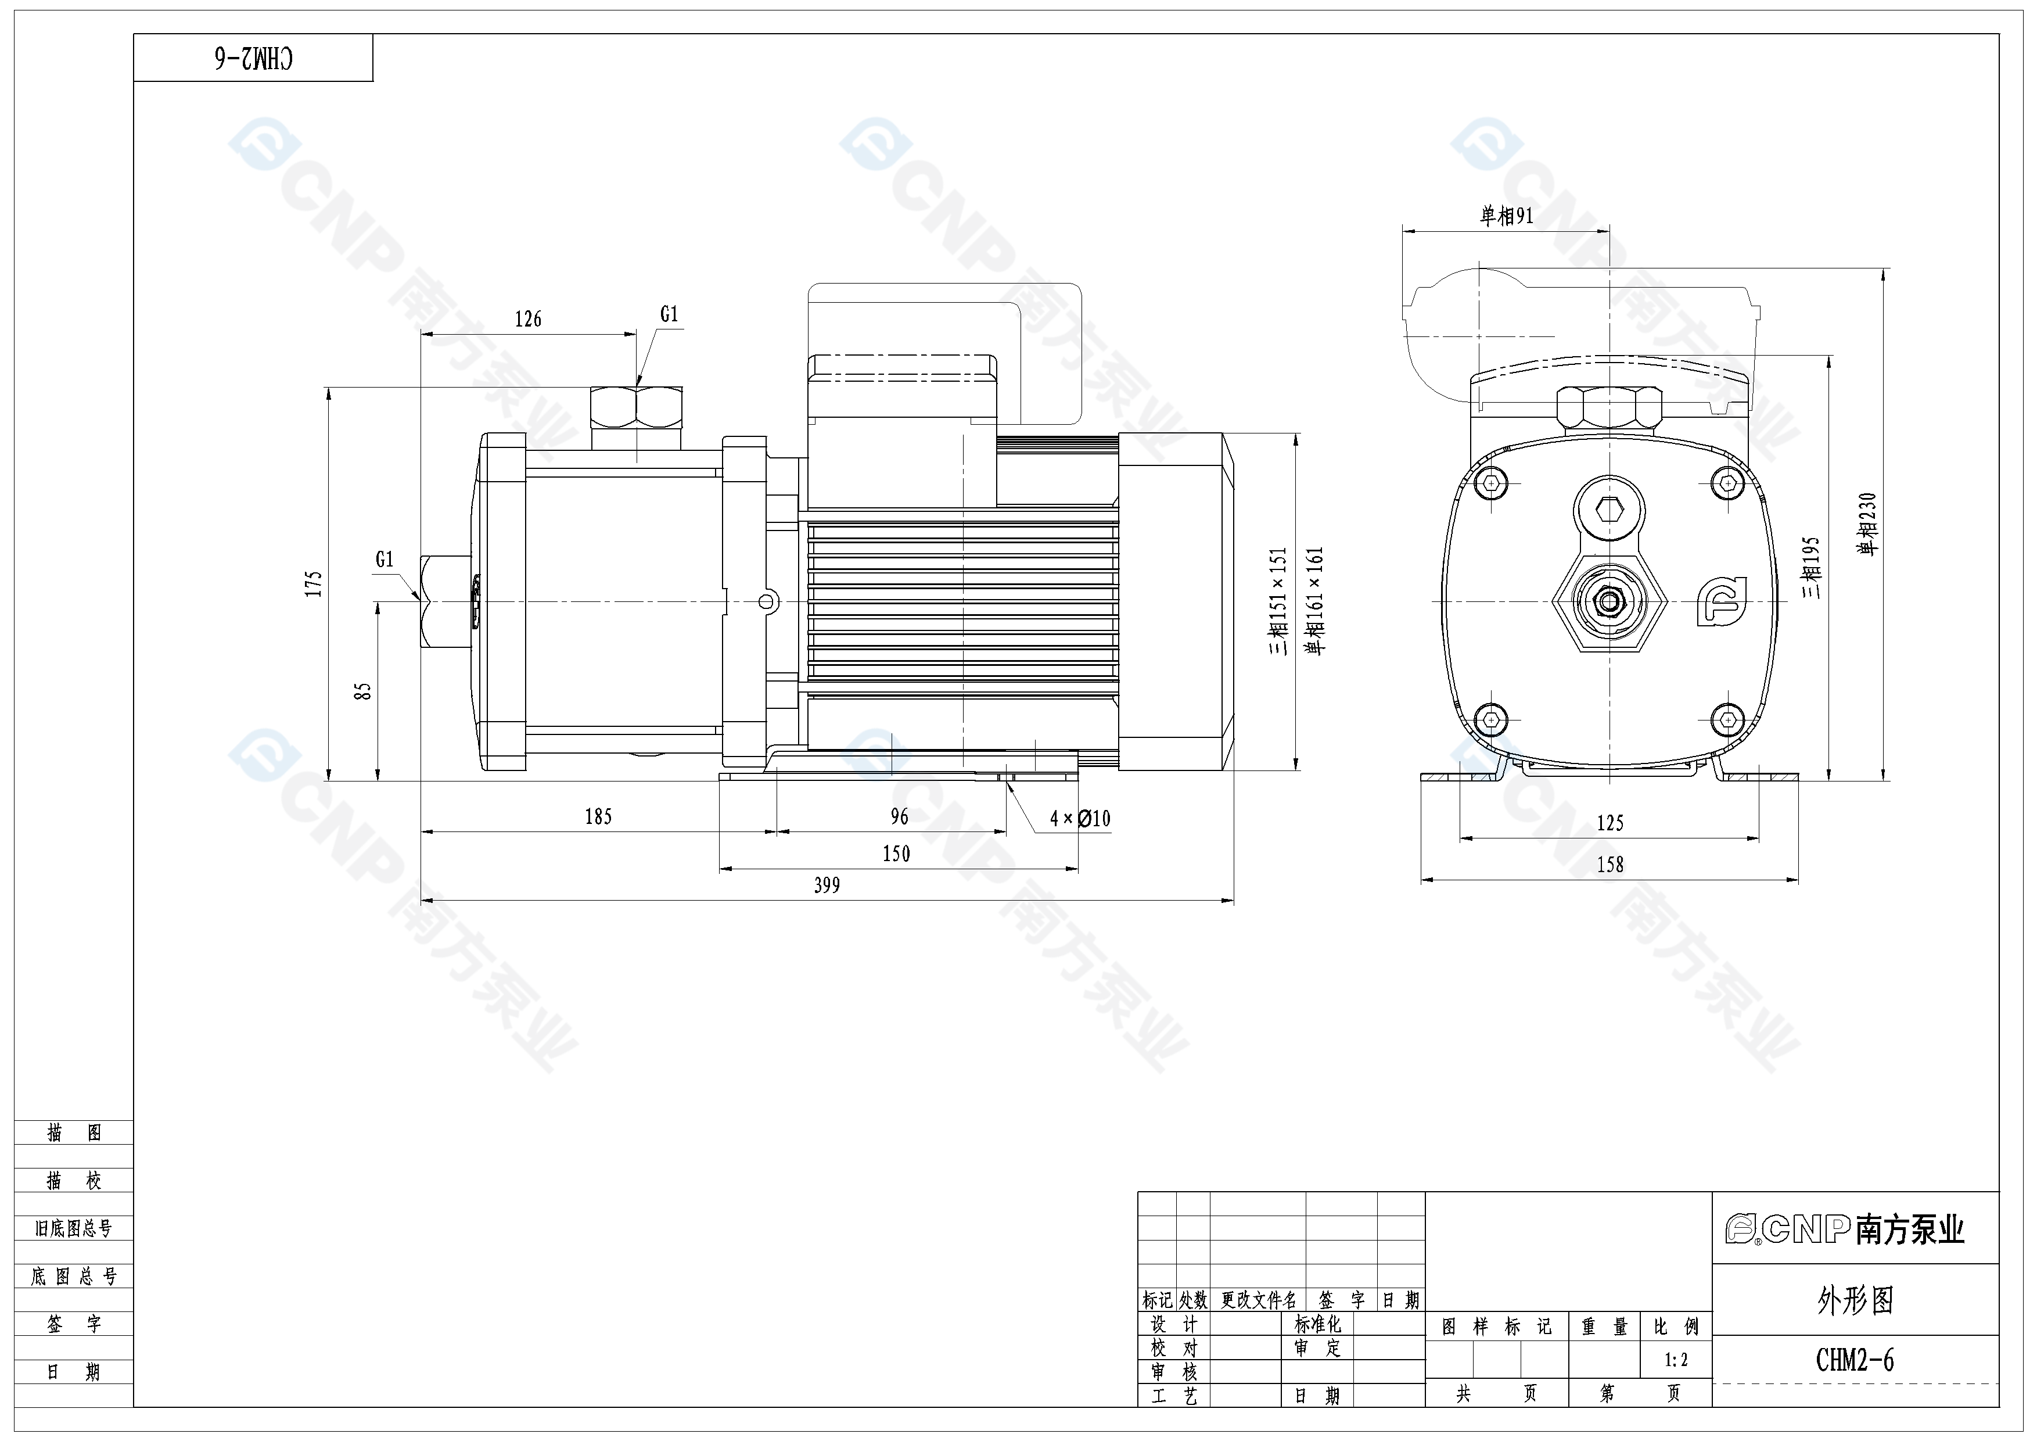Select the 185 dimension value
598,816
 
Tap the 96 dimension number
899,816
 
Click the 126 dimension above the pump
528,318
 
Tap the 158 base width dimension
1610,864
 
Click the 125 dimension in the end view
1610,823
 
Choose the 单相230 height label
1867,524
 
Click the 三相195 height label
1811,567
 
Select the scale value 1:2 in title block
1676,1360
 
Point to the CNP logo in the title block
1845,1229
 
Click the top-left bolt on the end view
1492,483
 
